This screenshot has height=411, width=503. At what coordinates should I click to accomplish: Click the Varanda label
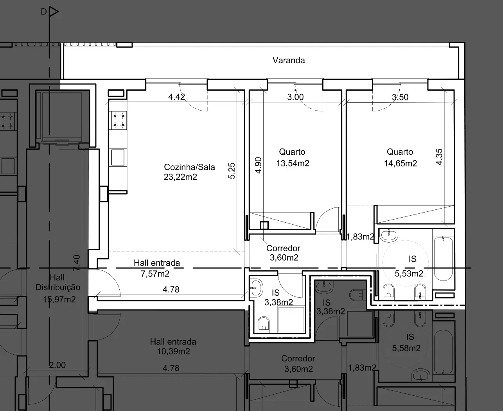(x=289, y=60)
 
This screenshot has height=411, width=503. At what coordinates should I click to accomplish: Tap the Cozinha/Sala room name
(x=189, y=167)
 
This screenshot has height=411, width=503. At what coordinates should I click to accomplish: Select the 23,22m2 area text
(x=180, y=177)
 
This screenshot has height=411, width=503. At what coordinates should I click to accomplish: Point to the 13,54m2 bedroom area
(x=293, y=163)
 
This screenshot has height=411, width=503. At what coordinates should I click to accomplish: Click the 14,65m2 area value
(x=400, y=163)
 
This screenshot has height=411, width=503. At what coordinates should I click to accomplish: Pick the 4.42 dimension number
(x=176, y=97)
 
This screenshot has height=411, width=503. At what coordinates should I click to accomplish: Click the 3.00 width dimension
(x=295, y=97)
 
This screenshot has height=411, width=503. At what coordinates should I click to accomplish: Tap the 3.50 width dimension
(x=400, y=97)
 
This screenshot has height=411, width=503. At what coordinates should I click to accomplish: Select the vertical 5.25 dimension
(x=232, y=171)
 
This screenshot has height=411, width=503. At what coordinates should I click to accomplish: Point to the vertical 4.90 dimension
(x=258, y=165)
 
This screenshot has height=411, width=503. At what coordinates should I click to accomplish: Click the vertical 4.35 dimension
(x=439, y=157)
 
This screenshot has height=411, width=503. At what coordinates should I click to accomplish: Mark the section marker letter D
(x=44, y=11)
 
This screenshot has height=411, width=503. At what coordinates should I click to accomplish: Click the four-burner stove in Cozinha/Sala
(x=119, y=120)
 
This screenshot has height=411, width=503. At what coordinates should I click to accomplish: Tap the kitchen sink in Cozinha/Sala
(x=118, y=157)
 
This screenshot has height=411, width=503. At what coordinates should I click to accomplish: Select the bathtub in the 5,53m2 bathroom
(x=443, y=259)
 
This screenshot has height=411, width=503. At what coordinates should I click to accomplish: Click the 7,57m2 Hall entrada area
(x=155, y=274)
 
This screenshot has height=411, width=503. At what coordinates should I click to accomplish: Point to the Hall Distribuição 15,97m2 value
(x=59, y=299)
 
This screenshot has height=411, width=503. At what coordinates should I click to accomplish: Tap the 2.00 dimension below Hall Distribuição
(x=57, y=365)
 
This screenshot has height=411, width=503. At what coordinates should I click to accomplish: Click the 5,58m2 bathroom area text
(x=406, y=348)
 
